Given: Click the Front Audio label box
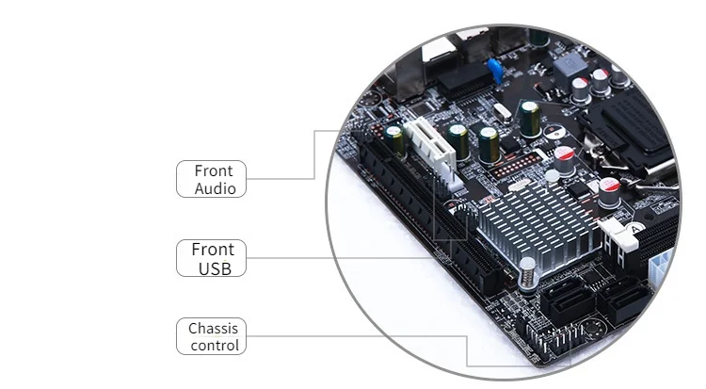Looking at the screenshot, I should pyautogui.click(x=211, y=179).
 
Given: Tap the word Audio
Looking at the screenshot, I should pyautogui.click(x=215, y=188).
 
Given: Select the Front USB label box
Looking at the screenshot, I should pyautogui.click(x=211, y=258).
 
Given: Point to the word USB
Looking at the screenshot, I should pyautogui.click(x=215, y=268).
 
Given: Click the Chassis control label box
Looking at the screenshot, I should pyautogui.click(x=211, y=336).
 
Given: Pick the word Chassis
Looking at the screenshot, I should pyautogui.click(x=213, y=329).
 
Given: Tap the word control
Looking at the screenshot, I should pyautogui.click(x=215, y=346).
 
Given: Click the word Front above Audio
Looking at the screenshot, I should pyautogui.click(x=214, y=170).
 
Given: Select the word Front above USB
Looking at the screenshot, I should pyautogui.click(x=213, y=250).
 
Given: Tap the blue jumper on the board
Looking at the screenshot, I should pyautogui.click(x=491, y=66).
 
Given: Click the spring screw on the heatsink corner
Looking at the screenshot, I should pyautogui.click(x=529, y=272).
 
